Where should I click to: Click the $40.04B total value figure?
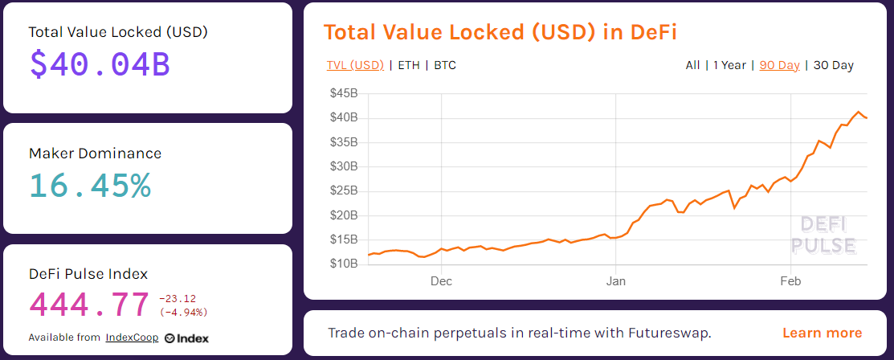pyautogui.click(x=100, y=63)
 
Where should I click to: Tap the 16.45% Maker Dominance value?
pyautogui.click(x=90, y=185)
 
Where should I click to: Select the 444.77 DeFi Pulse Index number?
pyautogui.click(x=89, y=305)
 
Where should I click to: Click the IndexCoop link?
pyautogui.click(x=131, y=337)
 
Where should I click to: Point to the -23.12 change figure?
pyautogui.click(x=178, y=298)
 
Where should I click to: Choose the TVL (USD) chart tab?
pyautogui.click(x=355, y=65)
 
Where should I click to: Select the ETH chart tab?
pyautogui.click(x=409, y=65)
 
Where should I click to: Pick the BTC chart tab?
pyautogui.click(x=445, y=65)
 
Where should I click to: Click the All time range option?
pyautogui.click(x=692, y=65)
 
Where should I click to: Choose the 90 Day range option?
pyautogui.click(x=779, y=65)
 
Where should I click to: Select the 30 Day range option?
pyautogui.click(x=833, y=65)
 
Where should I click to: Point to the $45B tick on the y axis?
pyautogui.click(x=344, y=93)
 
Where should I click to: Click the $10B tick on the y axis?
pyautogui.click(x=344, y=264)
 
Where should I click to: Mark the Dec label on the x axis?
pyautogui.click(x=441, y=281)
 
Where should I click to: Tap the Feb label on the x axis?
pyautogui.click(x=791, y=281)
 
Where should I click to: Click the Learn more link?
pyautogui.click(x=822, y=333)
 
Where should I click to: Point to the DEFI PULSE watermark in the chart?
pyautogui.click(x=823, y=235)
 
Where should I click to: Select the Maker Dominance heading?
pyautogui.click(x=95, y=153)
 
